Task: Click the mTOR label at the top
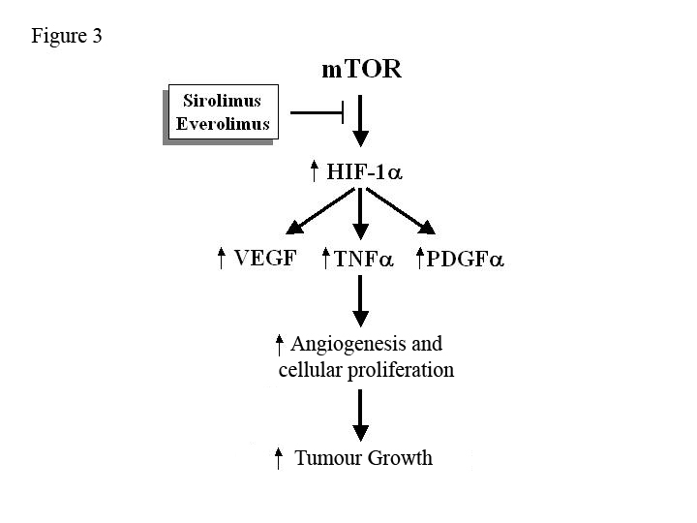click(x=360, y=70)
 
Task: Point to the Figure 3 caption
click(x=67, y=37)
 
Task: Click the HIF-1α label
click(x=366, y=172)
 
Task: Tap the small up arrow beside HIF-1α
click(x=314, y=172)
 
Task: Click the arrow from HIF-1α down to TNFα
click(x=360, y=215)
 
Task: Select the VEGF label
click(x=264, y=259)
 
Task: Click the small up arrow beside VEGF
click(x=222, y=259)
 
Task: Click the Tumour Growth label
click(x=363, y=457)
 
